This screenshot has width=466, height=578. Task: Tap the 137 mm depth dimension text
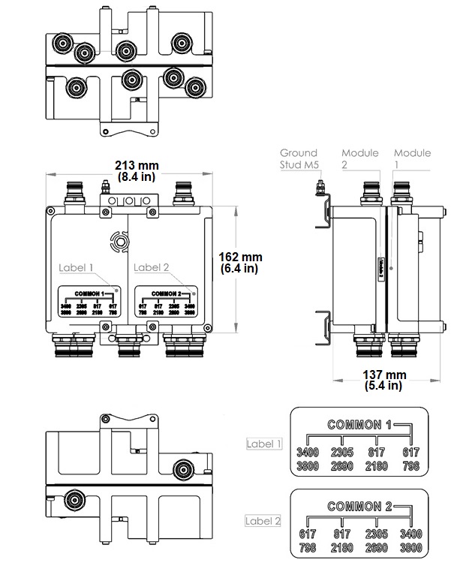[385, 375]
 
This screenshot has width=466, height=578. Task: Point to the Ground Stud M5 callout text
[299, 158]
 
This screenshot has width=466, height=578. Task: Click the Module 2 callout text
[360, 158]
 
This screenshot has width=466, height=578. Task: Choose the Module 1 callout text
[413, 158]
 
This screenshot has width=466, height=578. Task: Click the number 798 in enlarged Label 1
[411, 465]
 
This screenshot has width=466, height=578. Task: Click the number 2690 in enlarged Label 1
[343, 465]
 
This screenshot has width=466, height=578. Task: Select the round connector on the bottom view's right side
[181, 471]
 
